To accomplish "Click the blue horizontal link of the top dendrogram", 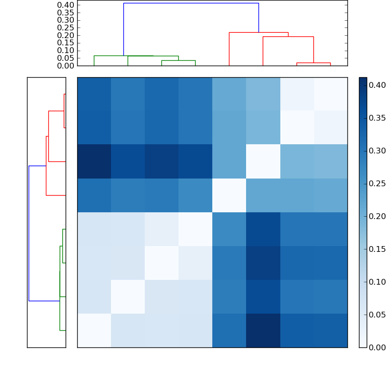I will coord(191,3).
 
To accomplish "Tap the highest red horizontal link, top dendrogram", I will coord(259,33).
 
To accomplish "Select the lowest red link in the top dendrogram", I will coord(314,63).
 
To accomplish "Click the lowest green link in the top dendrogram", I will coord(179,61).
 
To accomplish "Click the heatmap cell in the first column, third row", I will coord(94,162).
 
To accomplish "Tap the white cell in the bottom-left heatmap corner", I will coord(94,331).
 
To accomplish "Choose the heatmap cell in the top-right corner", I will coord(331,94).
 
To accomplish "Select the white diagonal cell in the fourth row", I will coord(229,195).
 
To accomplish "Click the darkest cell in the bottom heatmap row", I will coord(263,331).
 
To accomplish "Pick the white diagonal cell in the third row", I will coord(263,162).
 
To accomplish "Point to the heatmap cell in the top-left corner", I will coord(94,94).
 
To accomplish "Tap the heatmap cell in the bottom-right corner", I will coord(331,331).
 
